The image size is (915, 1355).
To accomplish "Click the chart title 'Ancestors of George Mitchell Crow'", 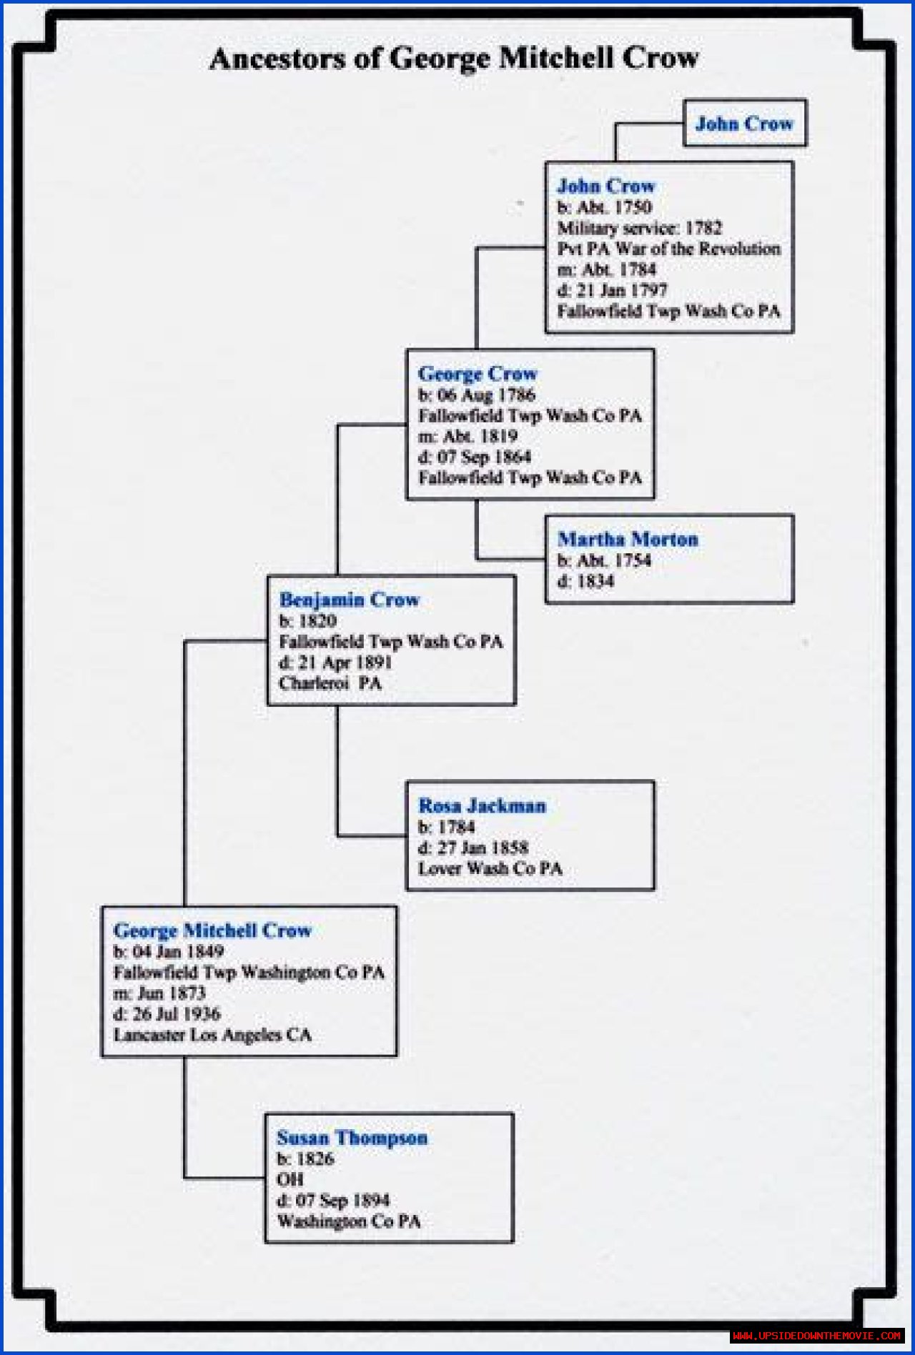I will pyautogui.click(x=454, y=59).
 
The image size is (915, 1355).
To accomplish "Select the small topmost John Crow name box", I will pyautogui.click(x=744, y=124).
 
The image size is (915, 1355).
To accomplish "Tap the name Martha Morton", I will pyautogui.click(x=628, y=539).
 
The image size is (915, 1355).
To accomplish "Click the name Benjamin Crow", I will pyautogui.click(x=349, y=600).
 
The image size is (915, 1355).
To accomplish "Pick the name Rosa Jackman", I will pyautogui.click(x=482, y=805).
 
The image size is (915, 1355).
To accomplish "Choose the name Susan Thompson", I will pyautogui.click(x=352, y=1137).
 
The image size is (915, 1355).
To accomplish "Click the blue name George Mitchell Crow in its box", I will pyautogui.click(x=212, y=930).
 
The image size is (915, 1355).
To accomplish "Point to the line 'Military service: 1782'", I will pyautogui.click(x=639, y=228).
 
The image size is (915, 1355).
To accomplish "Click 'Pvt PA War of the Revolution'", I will pyautogui.click(x=668, y=249).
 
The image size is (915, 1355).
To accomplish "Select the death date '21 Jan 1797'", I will pyautogui.click(x=620, y=290).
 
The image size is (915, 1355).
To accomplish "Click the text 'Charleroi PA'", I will pyautogui.click(x=330, y=683).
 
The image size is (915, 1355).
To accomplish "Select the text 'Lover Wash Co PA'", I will pyautogui.click(x=490, y=868).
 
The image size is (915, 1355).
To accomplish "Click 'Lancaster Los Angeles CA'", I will pyautogui.click(x=212, y=1035).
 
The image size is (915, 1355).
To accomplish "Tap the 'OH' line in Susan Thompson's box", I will pyautogui.click(x=290, y=1179).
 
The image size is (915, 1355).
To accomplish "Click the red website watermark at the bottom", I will pyautogui.click(x=816, y=1335).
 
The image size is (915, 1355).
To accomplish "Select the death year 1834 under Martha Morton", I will pyautogui.click(x=595, y=581).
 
